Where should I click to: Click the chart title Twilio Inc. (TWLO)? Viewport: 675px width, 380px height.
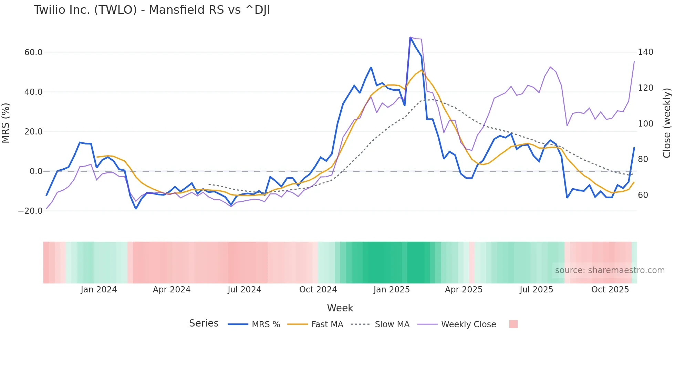tap(152, 10)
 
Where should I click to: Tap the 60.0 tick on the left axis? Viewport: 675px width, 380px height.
tap(33, 52)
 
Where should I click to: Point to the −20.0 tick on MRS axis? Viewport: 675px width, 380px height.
tap(30, 211)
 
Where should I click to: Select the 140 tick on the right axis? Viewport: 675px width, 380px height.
tap(645, 52)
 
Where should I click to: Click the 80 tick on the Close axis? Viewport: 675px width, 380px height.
tap(643, 159)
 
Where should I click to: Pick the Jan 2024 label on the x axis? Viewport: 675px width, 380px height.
tap(98, 290)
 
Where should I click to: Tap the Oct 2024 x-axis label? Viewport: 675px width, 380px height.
tap(318, 290)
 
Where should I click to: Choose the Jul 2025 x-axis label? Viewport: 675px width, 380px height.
tap(536, 290)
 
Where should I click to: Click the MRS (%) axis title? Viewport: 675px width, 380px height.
tap(6, 123)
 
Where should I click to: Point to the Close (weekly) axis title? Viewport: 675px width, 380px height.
tap(667, 123)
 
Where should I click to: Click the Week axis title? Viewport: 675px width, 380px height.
tap(340, 308)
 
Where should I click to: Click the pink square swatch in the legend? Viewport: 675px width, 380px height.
tap(513, 324)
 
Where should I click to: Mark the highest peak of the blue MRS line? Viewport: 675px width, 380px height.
tap(410, 37)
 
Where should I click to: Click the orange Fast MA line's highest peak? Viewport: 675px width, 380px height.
tap(422, 70)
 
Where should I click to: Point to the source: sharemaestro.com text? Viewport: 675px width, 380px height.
tap(610, 270)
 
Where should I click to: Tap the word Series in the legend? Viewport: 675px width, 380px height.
tap(204, 323)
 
